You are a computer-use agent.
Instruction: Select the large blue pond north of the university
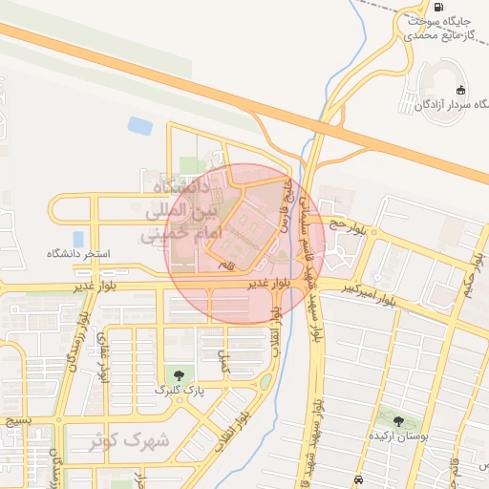tap(140, 125)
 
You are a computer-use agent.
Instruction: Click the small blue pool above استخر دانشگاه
tap(76, 239)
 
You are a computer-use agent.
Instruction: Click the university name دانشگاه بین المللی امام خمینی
tap(181, 208)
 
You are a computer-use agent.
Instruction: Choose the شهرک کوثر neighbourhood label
tap(129, 441)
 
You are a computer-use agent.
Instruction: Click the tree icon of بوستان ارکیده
tap(398, 421)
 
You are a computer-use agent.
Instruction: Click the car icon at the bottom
tap(357, 478)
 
